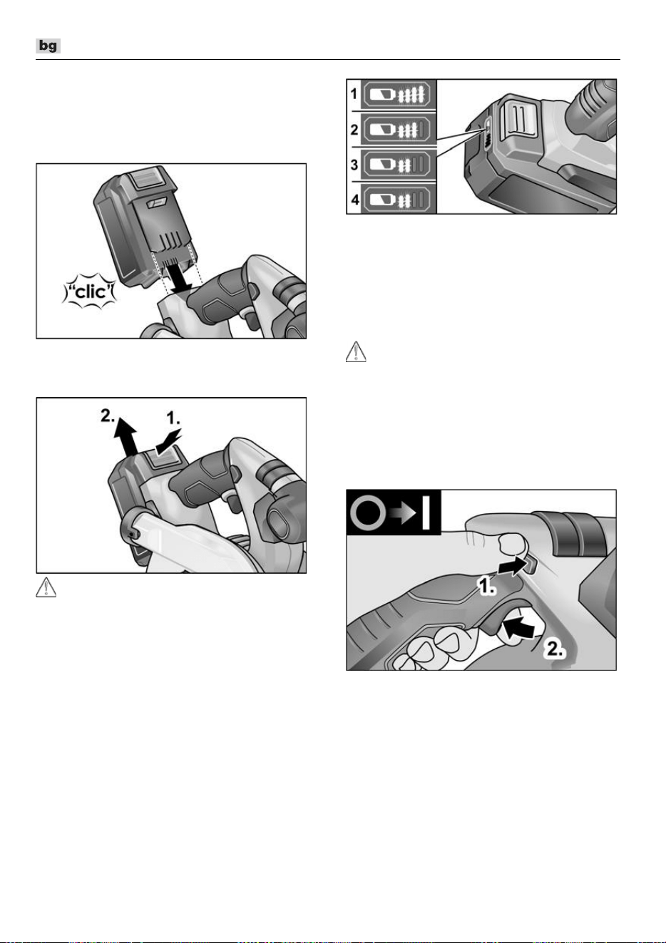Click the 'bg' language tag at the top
point(48,46)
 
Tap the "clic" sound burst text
point(89,292)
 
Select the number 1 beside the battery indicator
point(354,94)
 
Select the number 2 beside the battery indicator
point(354,130)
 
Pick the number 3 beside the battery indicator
point(354,165)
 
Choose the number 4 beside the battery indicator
point(354,200)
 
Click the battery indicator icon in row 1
point(397,94)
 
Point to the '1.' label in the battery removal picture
point(173,418)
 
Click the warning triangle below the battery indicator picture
point(356,351)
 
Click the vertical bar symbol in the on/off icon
point(426,512)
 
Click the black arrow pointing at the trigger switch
point(519,629)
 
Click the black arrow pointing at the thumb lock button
point(511,567)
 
